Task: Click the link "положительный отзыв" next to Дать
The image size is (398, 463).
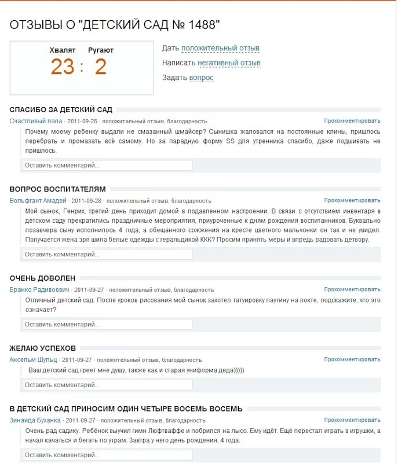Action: (x=220, y=48)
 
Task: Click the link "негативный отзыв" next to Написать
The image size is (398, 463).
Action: (x=229, y=63)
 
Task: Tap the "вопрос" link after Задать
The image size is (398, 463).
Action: (x=201, y=78)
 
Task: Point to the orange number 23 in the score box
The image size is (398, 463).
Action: (x=63, y=67)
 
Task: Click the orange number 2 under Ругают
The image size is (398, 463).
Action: (x=101, y=67)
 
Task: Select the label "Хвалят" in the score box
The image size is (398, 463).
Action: (x=63, y=50)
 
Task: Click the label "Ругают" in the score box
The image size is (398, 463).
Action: (x=101, y=50)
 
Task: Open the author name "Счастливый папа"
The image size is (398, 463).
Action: (x=36, y=121)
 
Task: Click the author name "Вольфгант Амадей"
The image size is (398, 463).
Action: (x=38, y=200)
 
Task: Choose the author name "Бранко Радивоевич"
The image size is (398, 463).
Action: (x=39, y=289)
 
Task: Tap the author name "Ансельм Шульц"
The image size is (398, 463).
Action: (x=33, y=359)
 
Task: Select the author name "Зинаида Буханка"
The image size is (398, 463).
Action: (x=35, y=420)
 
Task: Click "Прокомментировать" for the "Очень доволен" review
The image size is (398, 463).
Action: (x=352, y=289)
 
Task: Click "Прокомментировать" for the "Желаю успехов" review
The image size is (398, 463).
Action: (x=352, y=359)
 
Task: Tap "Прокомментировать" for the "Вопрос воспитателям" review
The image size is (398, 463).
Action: (x=352, y=200)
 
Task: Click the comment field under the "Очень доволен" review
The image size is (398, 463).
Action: (x=107, y=324)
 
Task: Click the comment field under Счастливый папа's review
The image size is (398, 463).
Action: (x=107, y=165)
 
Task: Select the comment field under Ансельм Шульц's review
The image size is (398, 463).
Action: (x=107, y=385)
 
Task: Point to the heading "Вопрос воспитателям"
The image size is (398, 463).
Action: (x=58, y=189)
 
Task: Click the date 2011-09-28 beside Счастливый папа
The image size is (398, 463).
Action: (x=82, y=122)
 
